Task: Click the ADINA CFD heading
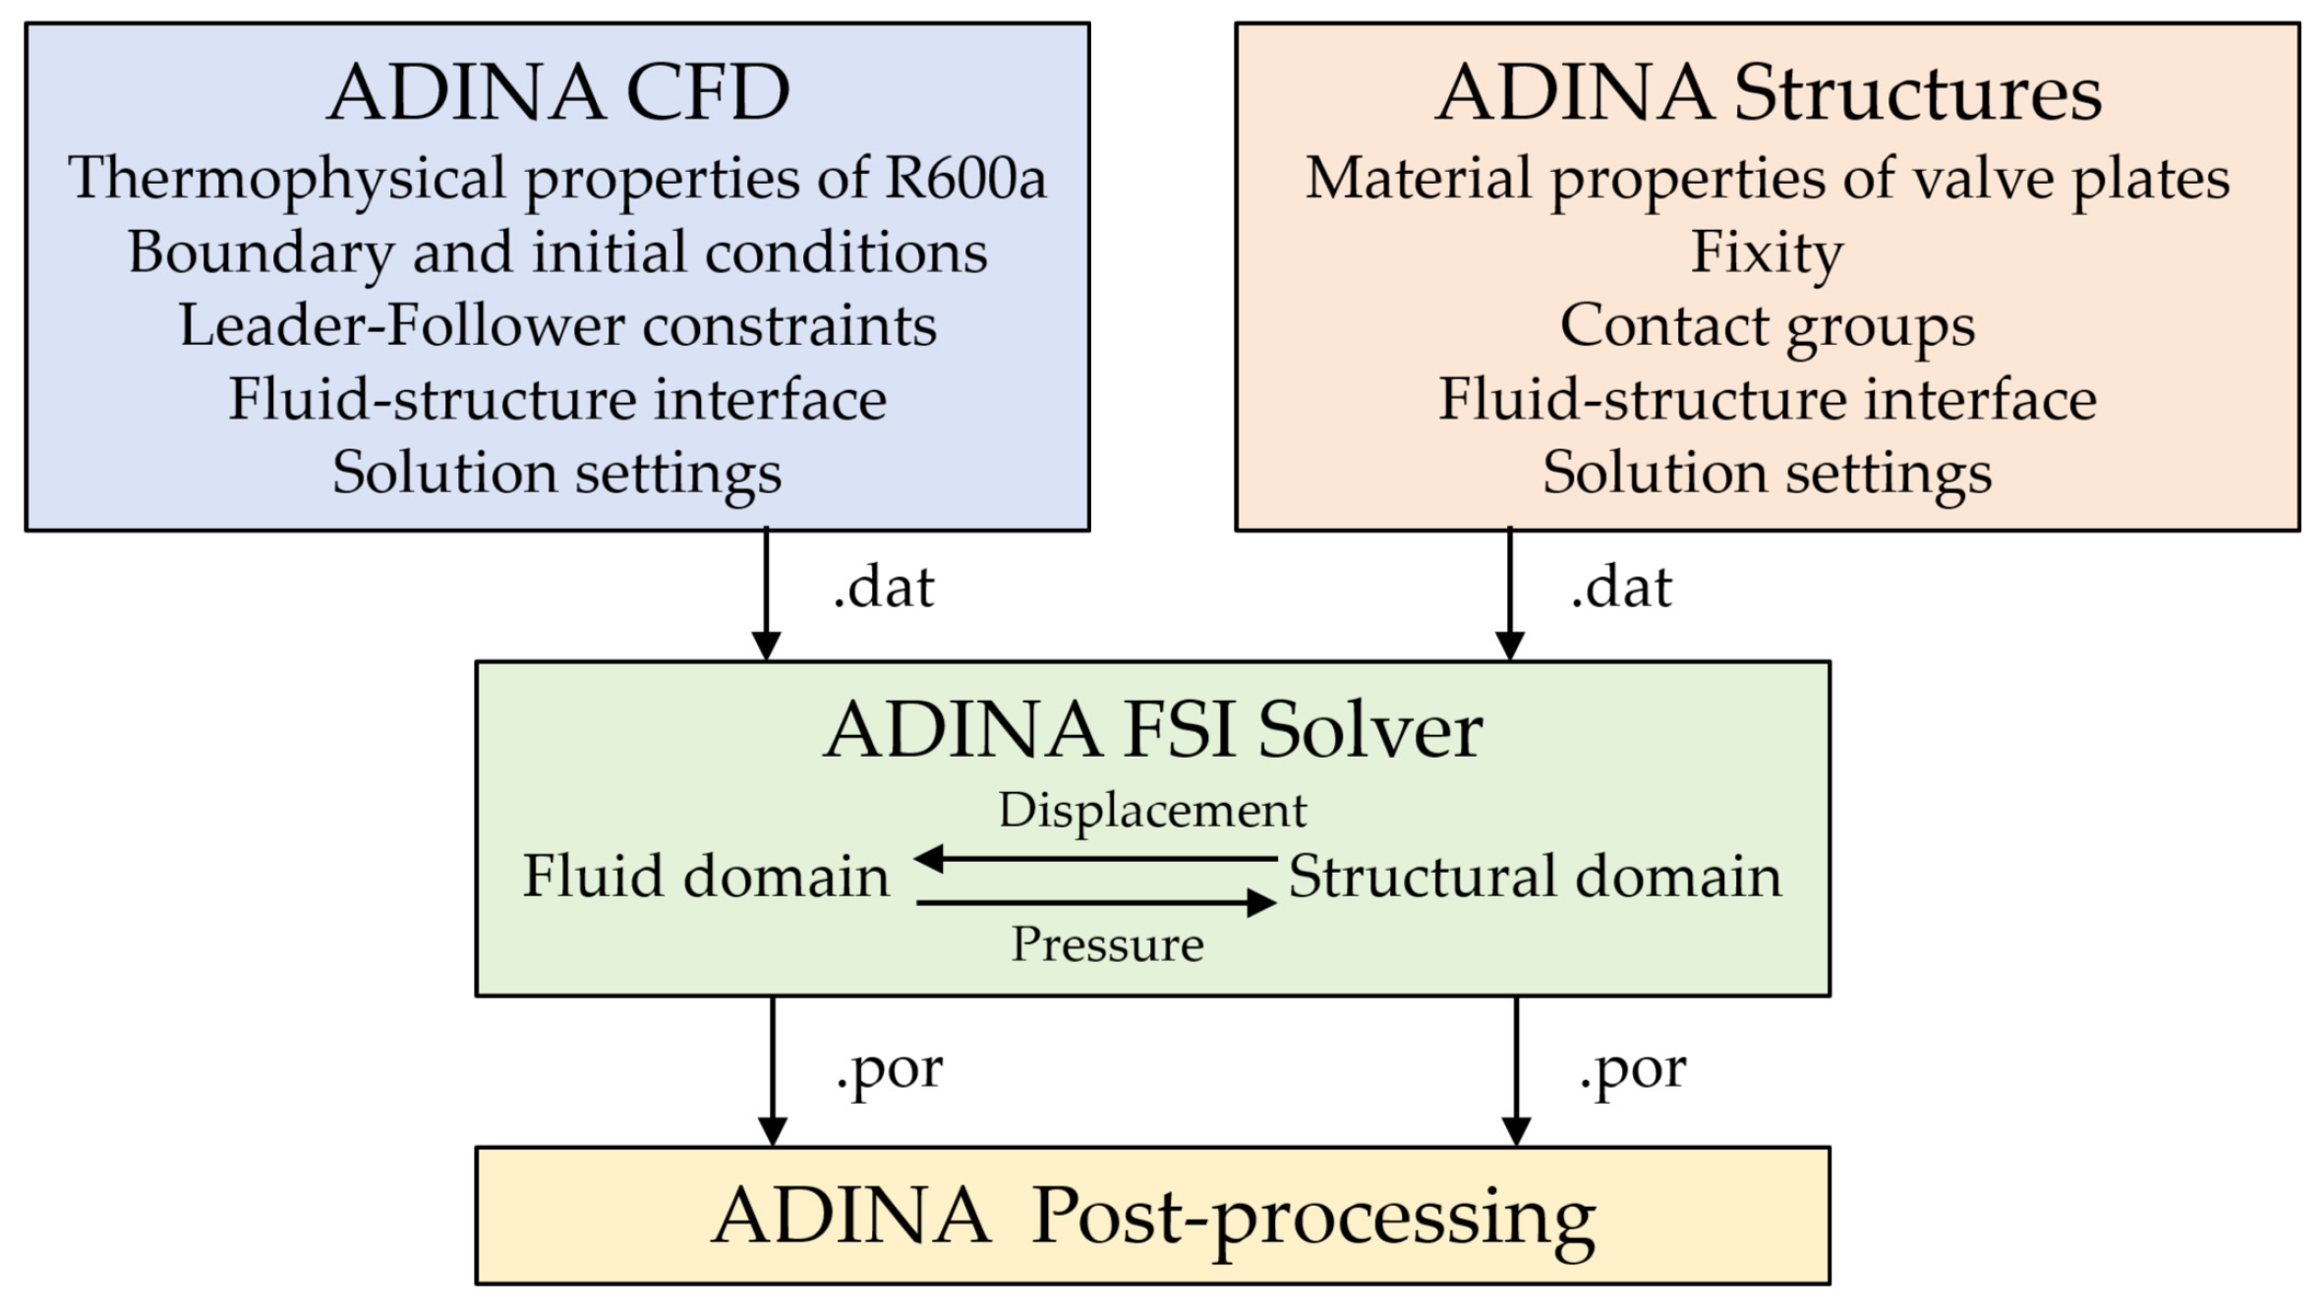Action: (x=557, y=92)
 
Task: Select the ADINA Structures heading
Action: (x=1768, y=92)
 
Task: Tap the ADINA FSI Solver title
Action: (x=1152, y=730)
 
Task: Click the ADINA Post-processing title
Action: (x=1152, y=1217)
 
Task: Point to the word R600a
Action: (x=964, y=178)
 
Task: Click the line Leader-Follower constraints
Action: (x=557, y=325)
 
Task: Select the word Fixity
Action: (x=1767, y=253)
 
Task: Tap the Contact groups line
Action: (x=1767, y=325)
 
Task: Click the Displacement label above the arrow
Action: (x=1152, y=811)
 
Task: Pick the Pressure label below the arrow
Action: (x=1107, y=944)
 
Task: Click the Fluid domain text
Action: (x=705, y=876)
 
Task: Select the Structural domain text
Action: (x=1535, y=876)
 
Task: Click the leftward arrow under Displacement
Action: (x=1096, y=858)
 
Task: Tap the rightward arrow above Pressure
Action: (x=1096, y=902)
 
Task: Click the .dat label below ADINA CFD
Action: (x=883, y=588)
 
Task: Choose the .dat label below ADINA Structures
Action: (x=1621, y=588)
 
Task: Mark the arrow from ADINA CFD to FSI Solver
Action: (x=766, y=595)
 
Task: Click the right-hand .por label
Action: (x=1632, y=1068)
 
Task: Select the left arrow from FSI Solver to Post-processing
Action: (x=773, y=1071)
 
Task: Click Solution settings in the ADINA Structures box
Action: (x=1767, y=473)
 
